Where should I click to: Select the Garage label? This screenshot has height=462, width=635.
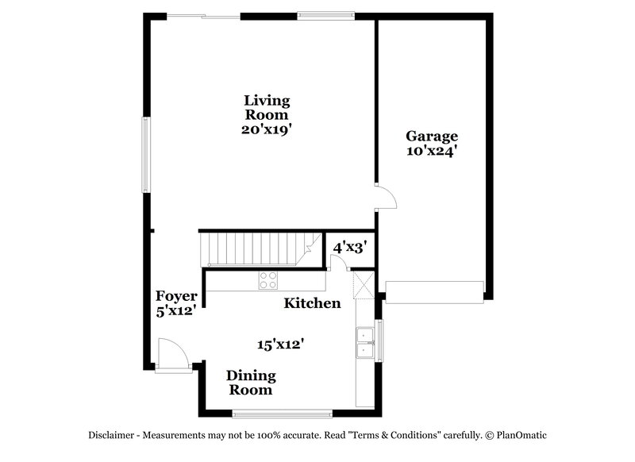coord(431,136)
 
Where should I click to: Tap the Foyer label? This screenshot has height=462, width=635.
coord(175,297)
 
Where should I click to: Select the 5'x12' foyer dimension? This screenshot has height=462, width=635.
coord(175,311)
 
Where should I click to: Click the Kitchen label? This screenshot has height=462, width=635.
coord(313,303)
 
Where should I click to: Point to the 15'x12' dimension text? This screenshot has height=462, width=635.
coord(281,345)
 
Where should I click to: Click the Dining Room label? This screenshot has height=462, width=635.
coord(251,382)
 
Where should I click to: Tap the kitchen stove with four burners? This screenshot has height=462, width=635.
coord(268,279)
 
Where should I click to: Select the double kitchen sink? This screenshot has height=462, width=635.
coord(366,342)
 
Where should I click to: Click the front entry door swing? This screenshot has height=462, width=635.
coord(172,355)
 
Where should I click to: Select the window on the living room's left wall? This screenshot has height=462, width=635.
coord(145,154)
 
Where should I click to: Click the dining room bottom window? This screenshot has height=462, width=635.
coord(282,412)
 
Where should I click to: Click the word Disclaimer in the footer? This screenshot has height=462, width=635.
coord(110,435)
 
